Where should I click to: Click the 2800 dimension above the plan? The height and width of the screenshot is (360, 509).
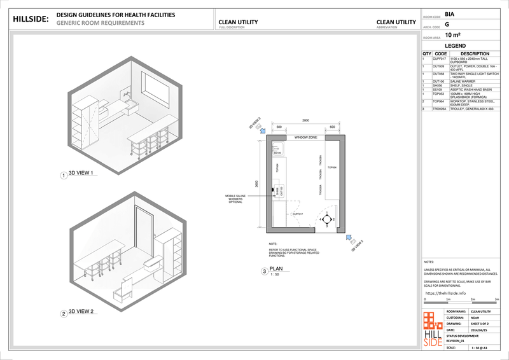pyautogui.click(x=305, y=120)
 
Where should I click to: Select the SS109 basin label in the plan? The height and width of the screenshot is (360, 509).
pyautogui.click(x=277, y=153)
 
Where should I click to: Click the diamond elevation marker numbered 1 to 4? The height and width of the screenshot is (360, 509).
pyautogui.click(x=326, y=220)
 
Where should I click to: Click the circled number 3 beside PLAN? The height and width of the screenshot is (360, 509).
pyautogui.click(x=264, y=272)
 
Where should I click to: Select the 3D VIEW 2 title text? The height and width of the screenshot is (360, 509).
pyautogui.click(x=81, y=312)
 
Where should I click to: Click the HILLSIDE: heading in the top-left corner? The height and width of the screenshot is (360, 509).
pyautogui.click(x=31, y=19)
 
